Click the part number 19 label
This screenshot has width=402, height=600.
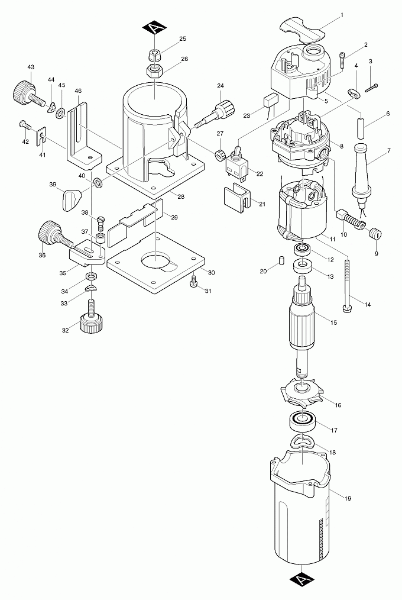(348, 498)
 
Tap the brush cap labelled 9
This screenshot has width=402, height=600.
(373, 234)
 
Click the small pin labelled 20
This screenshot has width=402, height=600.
(281, 260)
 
